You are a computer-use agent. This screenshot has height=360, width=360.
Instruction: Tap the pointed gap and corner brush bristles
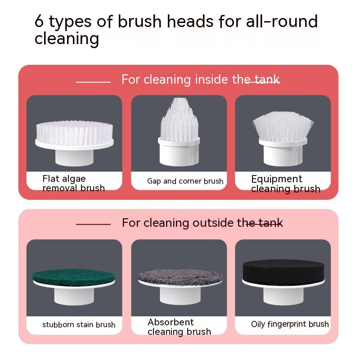(179, 119)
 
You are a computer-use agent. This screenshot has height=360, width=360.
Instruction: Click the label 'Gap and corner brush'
(185, 181)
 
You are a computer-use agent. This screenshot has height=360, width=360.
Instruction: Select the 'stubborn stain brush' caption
(79, 324)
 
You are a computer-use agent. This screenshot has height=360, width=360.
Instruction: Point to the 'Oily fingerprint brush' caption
(290, 324)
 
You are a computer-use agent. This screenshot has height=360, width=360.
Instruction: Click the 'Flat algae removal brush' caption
(73, 184)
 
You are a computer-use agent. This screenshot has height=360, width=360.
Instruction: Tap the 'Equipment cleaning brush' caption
(285, 184)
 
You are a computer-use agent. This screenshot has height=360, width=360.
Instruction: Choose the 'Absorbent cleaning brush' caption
(179, 327)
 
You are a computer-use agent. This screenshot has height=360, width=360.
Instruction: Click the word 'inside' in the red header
(211, 80)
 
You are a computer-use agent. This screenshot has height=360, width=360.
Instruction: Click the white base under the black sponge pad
(283, 295)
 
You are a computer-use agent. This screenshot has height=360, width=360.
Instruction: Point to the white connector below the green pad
(74, 295)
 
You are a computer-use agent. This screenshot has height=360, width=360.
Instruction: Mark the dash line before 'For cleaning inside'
(93, 82)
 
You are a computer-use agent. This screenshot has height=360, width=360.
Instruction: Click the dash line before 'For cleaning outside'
(93, 224)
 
